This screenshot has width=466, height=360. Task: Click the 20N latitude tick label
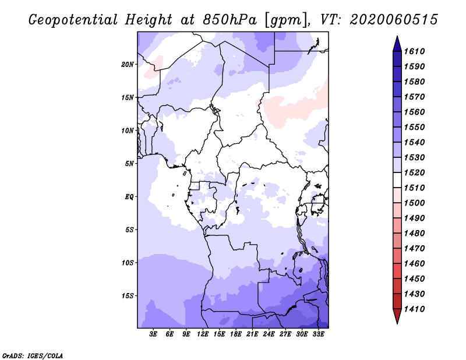coord(128,64)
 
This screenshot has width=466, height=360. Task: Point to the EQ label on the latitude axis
coord(129,196)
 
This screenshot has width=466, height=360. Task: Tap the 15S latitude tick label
coord(128,295)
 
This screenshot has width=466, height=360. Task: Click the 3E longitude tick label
coord(154,335)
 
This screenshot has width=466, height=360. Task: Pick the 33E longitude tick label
coord(319,335)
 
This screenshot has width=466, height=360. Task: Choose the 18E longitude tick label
coord(236,335)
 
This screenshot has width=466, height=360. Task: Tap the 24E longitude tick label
coord(269,335)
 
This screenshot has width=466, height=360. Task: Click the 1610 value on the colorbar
coord(416,52)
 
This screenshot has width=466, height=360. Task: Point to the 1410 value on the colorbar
coord(416,309)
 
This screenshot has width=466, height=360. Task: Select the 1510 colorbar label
coord(416,188)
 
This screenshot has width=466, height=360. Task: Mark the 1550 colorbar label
coord(416,128)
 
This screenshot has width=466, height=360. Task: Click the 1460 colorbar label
coord(416,264)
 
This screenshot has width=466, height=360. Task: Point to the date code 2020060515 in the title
coord(394,20)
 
